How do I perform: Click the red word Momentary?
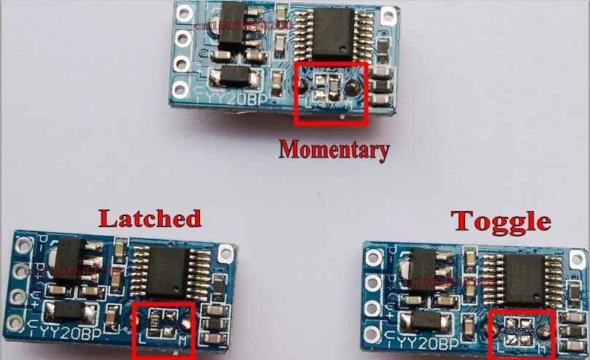pos(334,150)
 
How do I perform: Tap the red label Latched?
pos(150,218)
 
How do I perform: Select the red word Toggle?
pos(500,220)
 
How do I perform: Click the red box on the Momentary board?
pos(329,93)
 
